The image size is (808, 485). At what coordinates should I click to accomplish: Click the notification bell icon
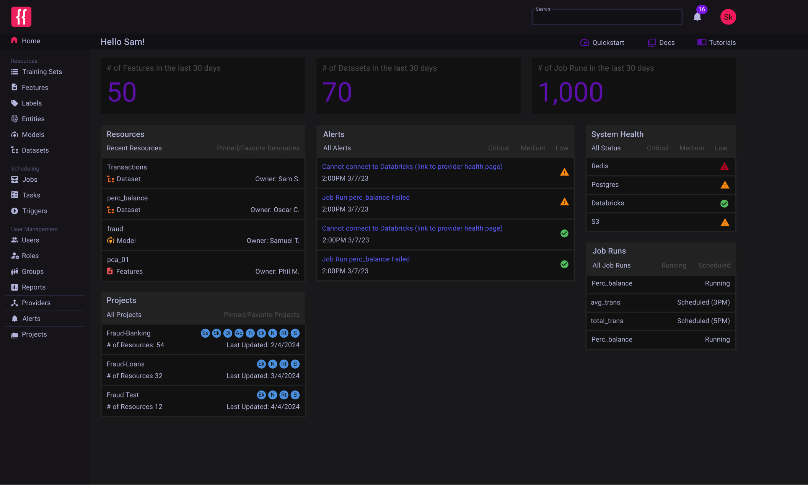pos(697,17)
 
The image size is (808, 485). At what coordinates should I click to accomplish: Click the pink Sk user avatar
pos(728,17)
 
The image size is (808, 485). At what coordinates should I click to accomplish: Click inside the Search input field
pos(607,18)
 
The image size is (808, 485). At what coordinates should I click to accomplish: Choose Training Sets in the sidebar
pos(42,72)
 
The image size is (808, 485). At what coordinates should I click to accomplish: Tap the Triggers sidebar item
pos(34,211)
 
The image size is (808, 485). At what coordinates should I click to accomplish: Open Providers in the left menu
pos(36,303)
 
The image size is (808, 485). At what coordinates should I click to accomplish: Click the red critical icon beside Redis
pos(724,166)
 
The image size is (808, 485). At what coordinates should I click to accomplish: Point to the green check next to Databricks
pos(724,203)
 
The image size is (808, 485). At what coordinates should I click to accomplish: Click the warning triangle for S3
pos(725,222)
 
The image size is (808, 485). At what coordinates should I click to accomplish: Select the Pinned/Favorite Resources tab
pos(258,148)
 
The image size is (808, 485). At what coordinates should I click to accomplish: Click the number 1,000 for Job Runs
pos(570,92)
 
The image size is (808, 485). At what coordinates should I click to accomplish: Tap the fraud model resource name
pos(115,229)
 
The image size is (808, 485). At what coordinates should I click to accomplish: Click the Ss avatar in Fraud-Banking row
pos(205,333)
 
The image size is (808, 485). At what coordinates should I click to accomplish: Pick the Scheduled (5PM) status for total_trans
pos(703,321)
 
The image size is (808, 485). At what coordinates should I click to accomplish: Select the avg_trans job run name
pos(605,303)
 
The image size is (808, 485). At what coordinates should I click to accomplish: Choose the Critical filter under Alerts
pos(498,148)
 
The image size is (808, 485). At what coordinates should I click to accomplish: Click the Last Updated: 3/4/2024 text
pos(263,376)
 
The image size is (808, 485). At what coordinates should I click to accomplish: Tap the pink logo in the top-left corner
pos(21,17)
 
